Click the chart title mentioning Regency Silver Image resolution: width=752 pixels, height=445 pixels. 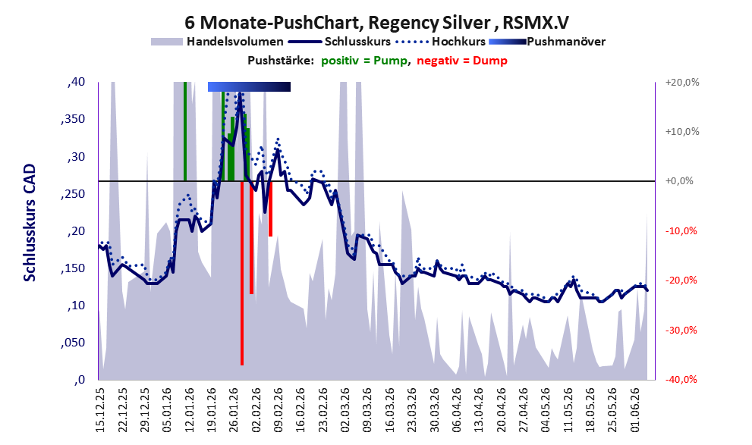point(376,23)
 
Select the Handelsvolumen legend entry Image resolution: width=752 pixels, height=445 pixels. point(217,42)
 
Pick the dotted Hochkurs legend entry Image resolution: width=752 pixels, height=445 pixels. point(441,42)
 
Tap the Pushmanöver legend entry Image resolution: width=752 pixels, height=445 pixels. point(547,42)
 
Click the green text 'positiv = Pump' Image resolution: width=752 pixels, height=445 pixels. point(364,61)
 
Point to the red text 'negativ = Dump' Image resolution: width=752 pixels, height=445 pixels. point(462,61)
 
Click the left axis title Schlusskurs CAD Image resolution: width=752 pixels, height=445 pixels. point(30,223)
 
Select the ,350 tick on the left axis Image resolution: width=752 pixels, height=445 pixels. point(73,119)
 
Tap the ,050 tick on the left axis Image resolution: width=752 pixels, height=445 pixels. point(73,343)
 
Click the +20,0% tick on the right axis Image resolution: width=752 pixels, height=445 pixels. point(682,83)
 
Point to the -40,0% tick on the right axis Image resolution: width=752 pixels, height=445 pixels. point(681,379)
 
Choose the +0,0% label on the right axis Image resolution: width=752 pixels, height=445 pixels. point(679,181)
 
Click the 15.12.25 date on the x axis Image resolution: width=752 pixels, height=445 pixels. point(100,409)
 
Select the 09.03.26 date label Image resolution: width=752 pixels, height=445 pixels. point(367,409)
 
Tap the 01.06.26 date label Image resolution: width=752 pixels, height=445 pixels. point(635,409)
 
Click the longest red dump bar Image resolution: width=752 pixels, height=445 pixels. point(242,273)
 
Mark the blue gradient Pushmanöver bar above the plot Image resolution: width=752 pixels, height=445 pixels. point(249,86)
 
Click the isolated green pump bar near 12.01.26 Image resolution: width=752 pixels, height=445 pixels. point(185,132)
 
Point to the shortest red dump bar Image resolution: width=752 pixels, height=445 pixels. point(270,208)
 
